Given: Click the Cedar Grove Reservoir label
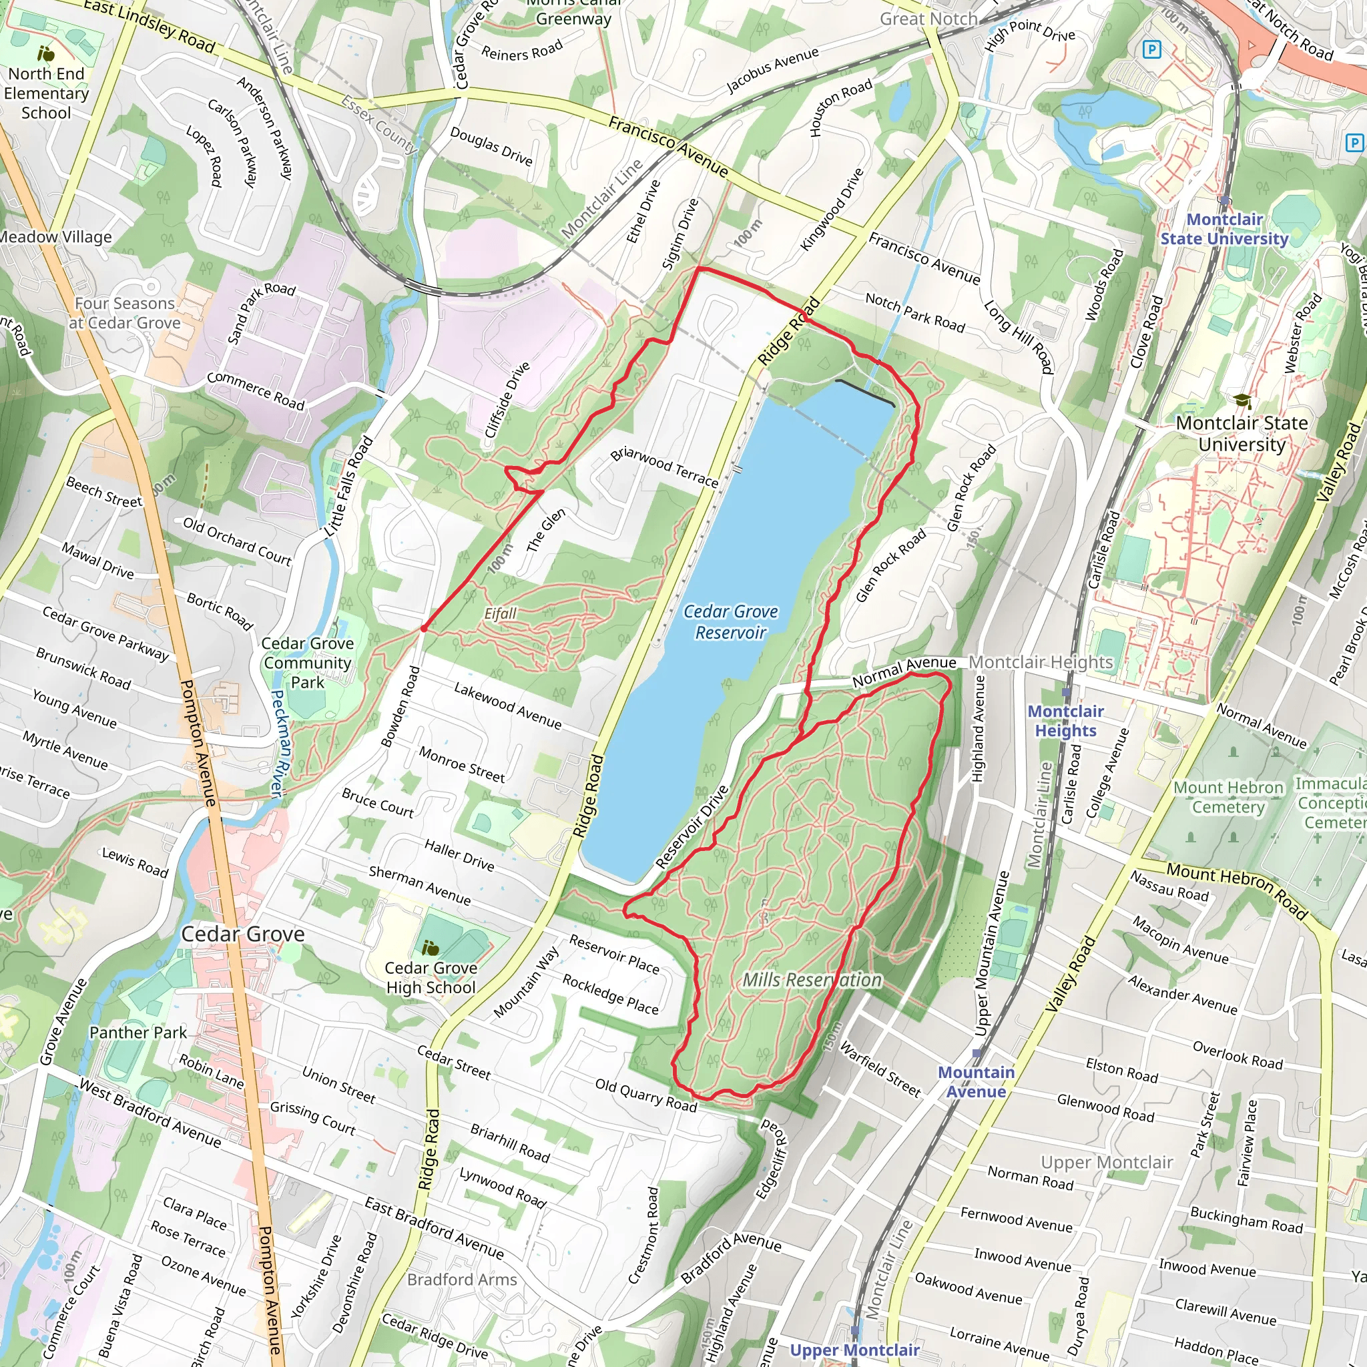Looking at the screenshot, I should click(x=730, y=622).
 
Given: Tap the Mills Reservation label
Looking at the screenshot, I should click(x=812, y=980).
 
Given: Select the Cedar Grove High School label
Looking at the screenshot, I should click(x=431, y=977).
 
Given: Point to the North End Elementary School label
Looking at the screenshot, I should click(x=46, y=93).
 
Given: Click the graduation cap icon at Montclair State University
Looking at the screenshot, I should click(x=1242, y=402).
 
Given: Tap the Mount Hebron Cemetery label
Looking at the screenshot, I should click(x=1228, y=798).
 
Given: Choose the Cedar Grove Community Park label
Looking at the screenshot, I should click(x=307, y=663).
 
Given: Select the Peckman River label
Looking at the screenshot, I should click(x=279, y=743).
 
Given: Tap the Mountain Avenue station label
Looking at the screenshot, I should click(x=976, y=1082).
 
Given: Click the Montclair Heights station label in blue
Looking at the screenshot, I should click(x=1065, y=721).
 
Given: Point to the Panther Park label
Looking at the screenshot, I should click(x=138, y=1033).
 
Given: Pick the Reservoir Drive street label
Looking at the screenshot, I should click(x=692, y=827).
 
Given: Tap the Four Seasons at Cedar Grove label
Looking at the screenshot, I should click(x=125, y=313).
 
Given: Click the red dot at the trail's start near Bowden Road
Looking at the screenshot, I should click(x=424, y=628).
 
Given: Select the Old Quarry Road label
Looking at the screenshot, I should click(x=645, y=1095).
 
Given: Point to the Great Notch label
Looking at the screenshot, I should click(x=928, y=19).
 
